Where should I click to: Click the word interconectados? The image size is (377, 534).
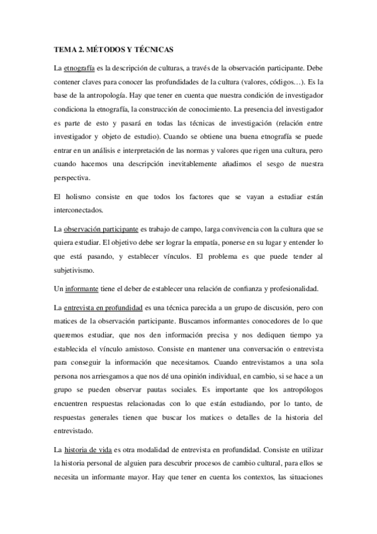78,210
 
